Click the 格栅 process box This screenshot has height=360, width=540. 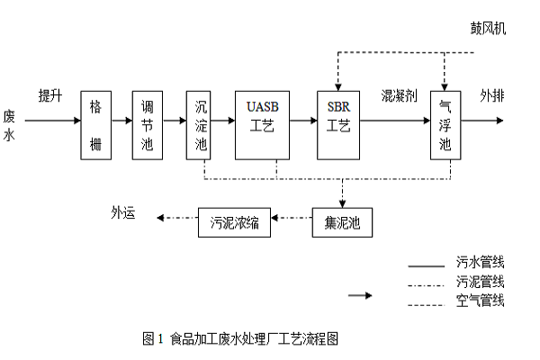coord(95,125)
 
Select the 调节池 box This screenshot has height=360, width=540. coord(148,125)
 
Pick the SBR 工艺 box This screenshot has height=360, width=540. coord(339,125)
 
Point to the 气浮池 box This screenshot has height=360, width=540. coord(445,125)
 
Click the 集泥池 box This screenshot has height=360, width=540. coord(341,222)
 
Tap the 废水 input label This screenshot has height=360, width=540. coord(9,126)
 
